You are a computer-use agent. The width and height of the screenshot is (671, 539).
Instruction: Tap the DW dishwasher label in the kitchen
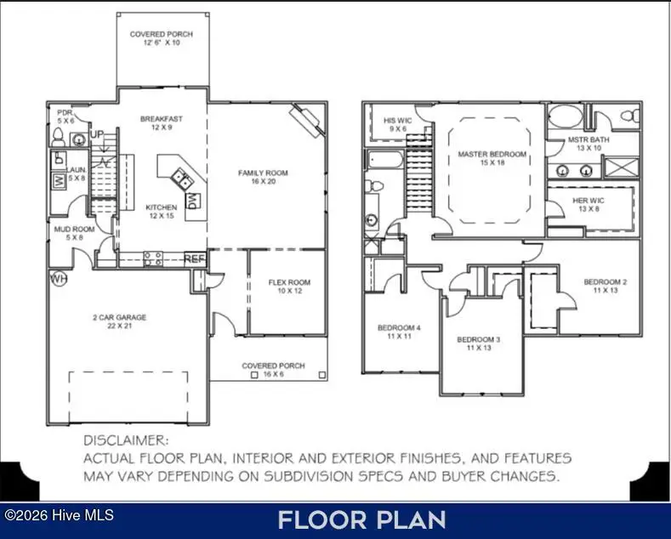(x=192, y=201)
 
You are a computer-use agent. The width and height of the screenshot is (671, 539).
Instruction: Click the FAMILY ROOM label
(x=263, y=173)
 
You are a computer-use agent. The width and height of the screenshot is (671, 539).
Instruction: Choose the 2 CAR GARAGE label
(x=120, y=318)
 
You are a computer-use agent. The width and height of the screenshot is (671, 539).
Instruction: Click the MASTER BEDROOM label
(x=492, y=155)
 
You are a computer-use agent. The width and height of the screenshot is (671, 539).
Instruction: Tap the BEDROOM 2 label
(x=605, y=282)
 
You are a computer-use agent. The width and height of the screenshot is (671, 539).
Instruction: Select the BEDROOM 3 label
(x=478, y=340)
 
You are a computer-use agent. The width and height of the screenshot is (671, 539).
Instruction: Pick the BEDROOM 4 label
(x=398, y=327)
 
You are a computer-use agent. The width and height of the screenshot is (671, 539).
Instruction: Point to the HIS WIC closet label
(x=398, y=122)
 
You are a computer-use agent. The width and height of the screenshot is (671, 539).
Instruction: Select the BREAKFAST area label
(x=162, y=119)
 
